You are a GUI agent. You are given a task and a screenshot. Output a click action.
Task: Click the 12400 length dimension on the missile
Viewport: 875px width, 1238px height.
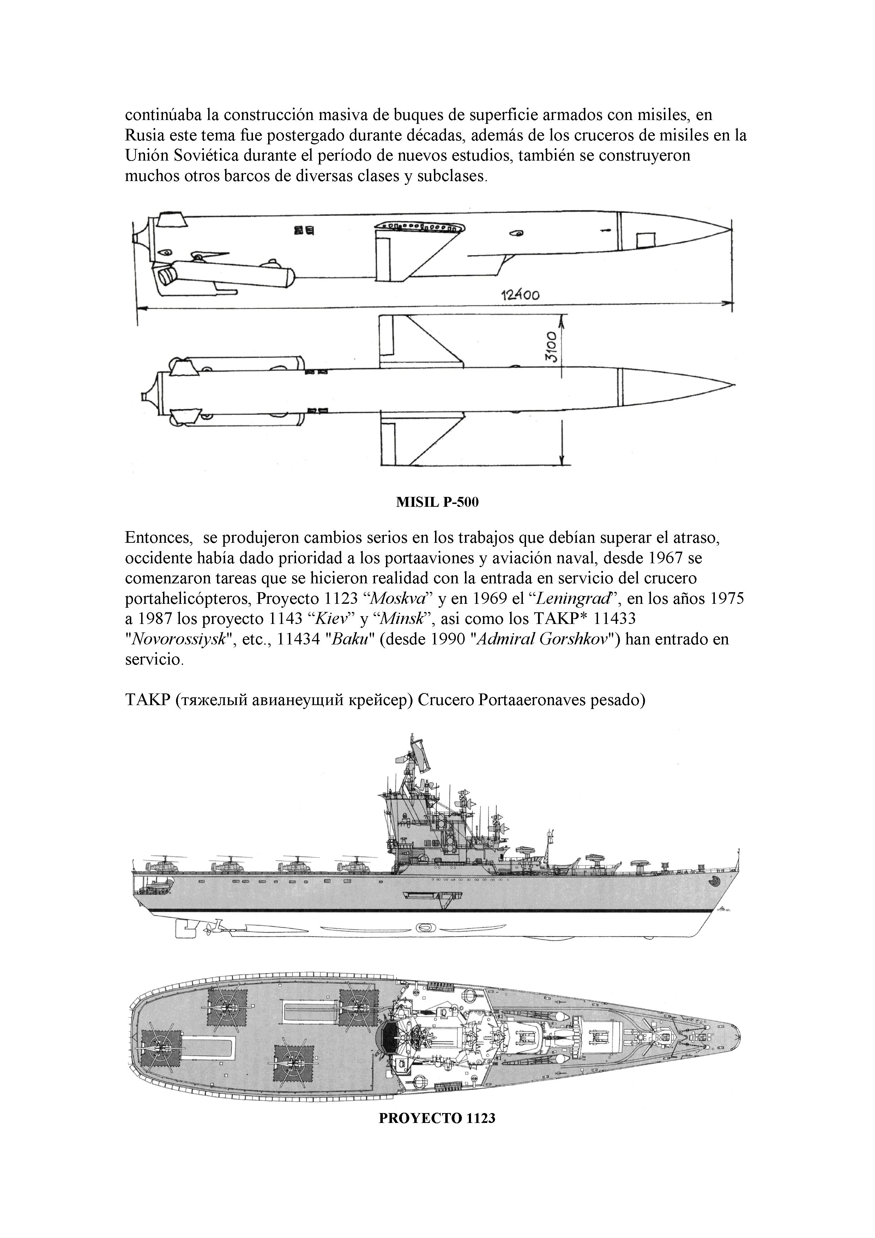coord(520,294)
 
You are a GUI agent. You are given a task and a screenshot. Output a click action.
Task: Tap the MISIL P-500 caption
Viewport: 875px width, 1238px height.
coord(437,503)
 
